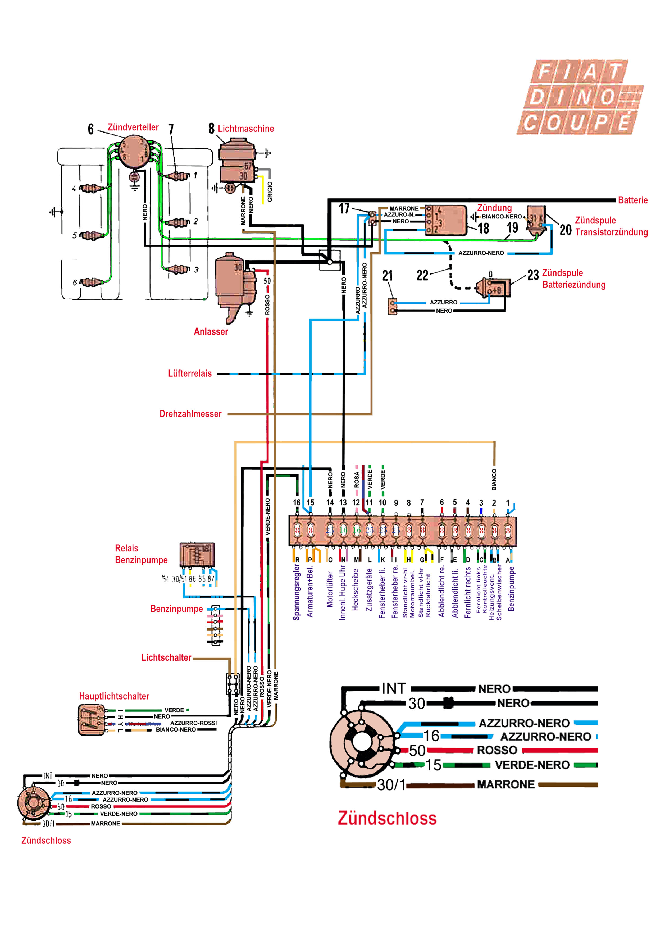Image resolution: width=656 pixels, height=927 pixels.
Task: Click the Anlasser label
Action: click(x=211, y=332)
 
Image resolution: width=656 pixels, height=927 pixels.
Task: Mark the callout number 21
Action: click(x=387, y=276)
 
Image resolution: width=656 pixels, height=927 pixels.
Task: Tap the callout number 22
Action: click(x=422, y=276)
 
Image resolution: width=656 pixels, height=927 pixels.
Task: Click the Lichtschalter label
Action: click(x=166, y=657)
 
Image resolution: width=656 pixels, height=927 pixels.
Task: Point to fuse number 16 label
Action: click(x=297, y=503)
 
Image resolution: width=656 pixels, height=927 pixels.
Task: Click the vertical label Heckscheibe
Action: click(x=356, y=590)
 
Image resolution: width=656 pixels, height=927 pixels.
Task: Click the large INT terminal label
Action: click(x=394, y=688)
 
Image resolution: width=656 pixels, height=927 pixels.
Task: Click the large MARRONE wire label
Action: click(x=506, y=784)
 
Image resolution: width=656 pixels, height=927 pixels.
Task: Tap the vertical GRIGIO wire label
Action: click(x=270, y=192)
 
